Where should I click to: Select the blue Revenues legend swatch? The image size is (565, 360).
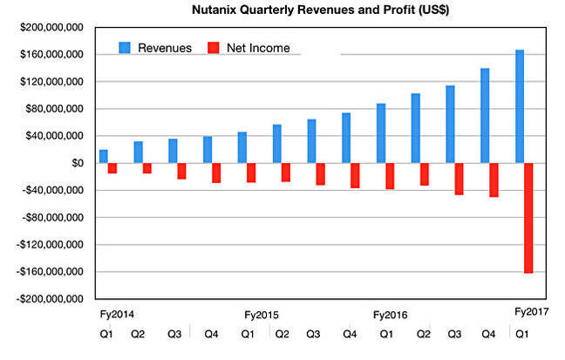(x=126, y=47)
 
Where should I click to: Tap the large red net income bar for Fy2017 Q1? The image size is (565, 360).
(x=529, y=218)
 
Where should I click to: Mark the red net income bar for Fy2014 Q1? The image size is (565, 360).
(x=112, y=168)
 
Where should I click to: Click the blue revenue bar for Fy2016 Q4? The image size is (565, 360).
(x=486, y=116)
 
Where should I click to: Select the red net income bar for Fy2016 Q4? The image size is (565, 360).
(x=494, y=180)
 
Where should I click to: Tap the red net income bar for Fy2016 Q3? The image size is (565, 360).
(x=459, y=179)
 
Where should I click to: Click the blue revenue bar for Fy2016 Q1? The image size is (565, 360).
(x=381, y=133)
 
